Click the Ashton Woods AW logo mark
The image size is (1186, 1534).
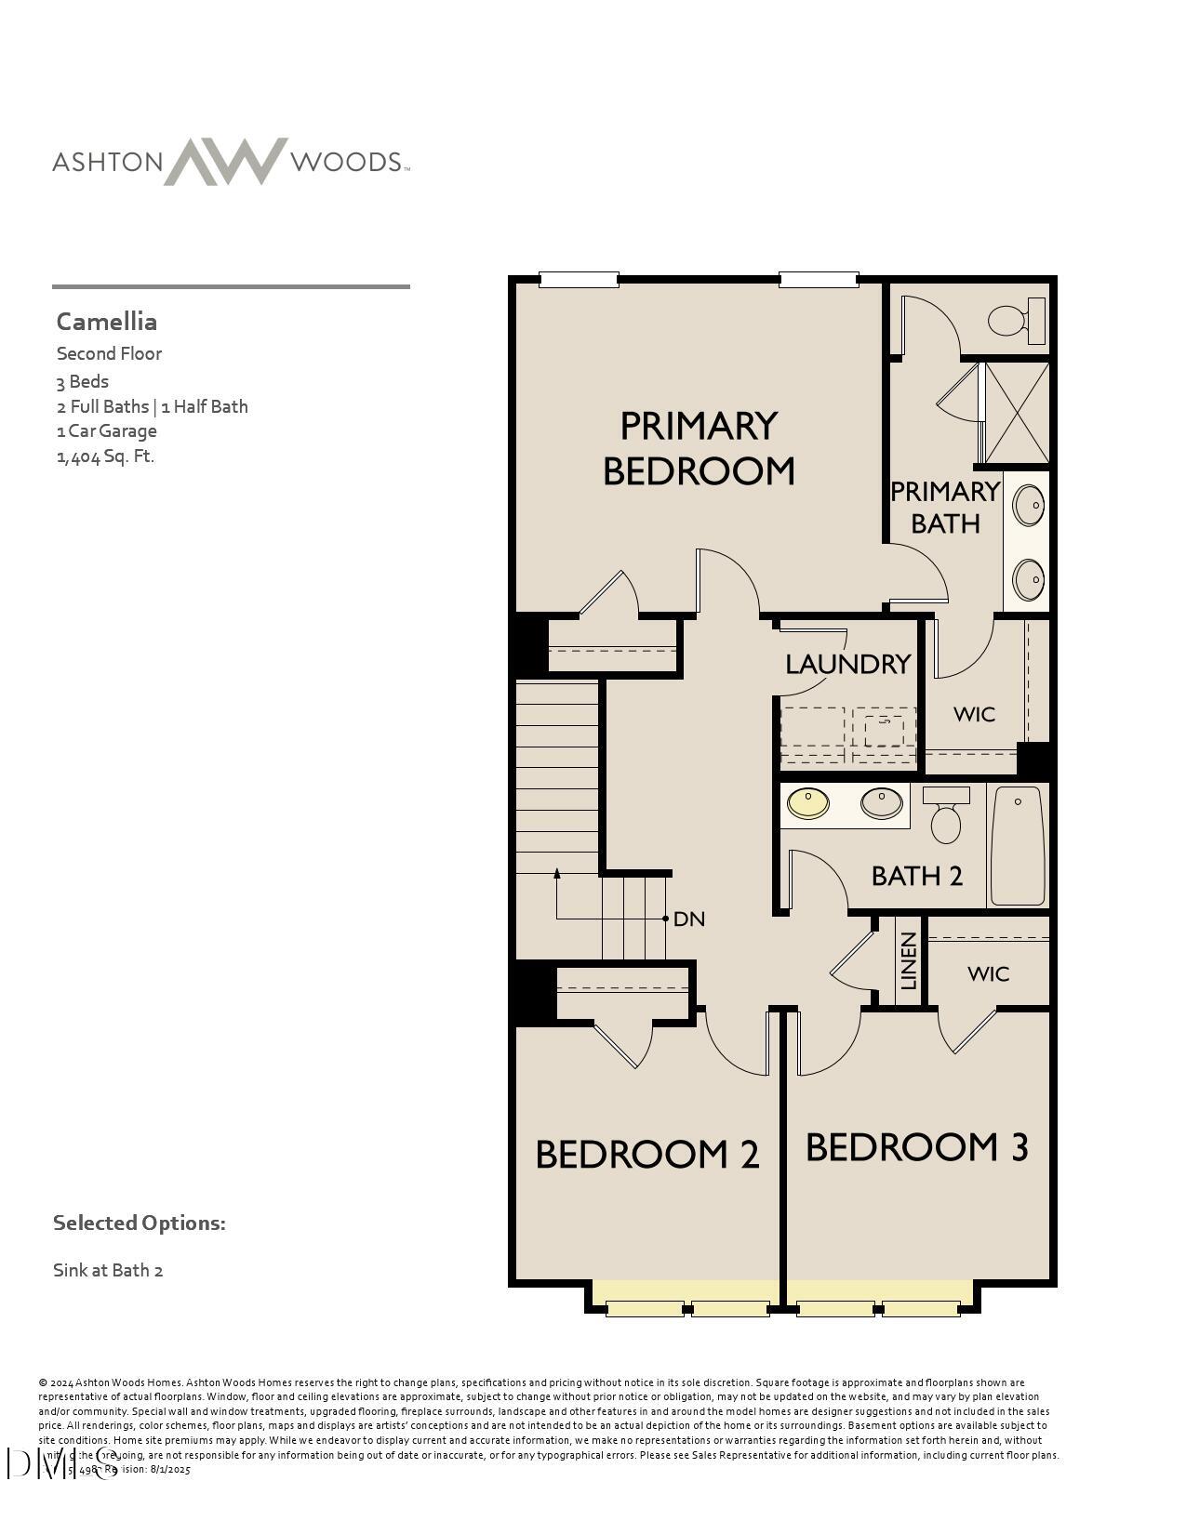(226, 162)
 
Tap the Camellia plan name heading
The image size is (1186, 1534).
(107, 322)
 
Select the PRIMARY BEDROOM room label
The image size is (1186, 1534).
(699, 448)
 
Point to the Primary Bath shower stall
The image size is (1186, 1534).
(1016, 413)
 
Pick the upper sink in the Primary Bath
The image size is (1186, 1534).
(1028, 507)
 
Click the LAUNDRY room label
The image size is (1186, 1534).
(847, 664)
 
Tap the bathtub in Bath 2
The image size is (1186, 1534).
(1018, 845)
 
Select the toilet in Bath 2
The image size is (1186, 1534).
(946, 817)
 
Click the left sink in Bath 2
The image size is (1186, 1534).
(808, 802)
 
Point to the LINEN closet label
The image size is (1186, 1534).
(910, 961)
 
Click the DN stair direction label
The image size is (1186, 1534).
(689, 919)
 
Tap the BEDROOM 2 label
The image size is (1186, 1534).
(647, 1154)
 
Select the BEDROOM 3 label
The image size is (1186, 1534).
(917, 1147)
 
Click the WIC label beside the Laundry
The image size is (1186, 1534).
(974, 714)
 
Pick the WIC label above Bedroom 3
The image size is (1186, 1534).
(988, 973)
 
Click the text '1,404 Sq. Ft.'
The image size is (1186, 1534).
(105, 456)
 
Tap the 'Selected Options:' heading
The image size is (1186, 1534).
(140, 1223)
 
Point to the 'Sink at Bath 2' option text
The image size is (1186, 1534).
(108, 1270)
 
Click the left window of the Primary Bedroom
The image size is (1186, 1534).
(579, 279)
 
